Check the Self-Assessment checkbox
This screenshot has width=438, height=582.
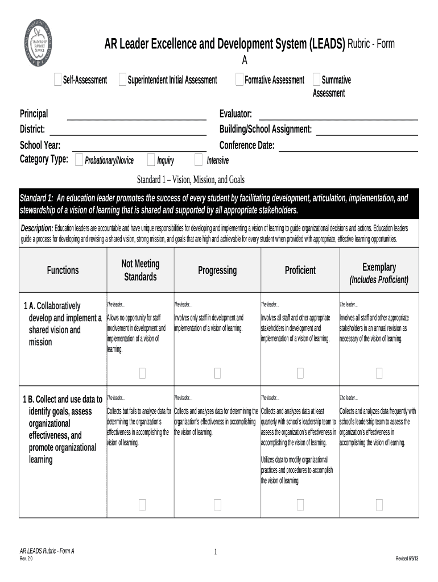click(x=57, y=80)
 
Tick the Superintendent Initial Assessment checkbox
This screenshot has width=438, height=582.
click(x=122, y=80)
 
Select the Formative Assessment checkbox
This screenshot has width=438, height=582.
click(x=239, y=80)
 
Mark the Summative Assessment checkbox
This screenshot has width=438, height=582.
click(x=316, y=80)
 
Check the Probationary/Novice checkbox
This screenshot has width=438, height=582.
click(x=79, y=160)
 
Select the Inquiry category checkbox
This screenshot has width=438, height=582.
click(x=151, y=160)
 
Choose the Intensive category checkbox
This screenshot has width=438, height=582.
click(x=198, y=160)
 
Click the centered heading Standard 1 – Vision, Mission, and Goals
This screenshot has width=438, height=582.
click(x=191, y=180)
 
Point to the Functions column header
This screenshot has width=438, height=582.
click(x=63, y=270)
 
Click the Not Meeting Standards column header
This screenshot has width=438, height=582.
click(x=141, y=270)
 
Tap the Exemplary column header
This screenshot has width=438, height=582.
click(x=379, y=267)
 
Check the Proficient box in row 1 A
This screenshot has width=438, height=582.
click(x=300, y=373)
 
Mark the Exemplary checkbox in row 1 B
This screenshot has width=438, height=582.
click(x=379, y=504)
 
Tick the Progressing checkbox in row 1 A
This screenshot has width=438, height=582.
click(x=217, y=373)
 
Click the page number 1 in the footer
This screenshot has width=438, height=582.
click(x=216, y=552)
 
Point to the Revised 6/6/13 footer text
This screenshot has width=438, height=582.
click(x=407, y=559)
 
